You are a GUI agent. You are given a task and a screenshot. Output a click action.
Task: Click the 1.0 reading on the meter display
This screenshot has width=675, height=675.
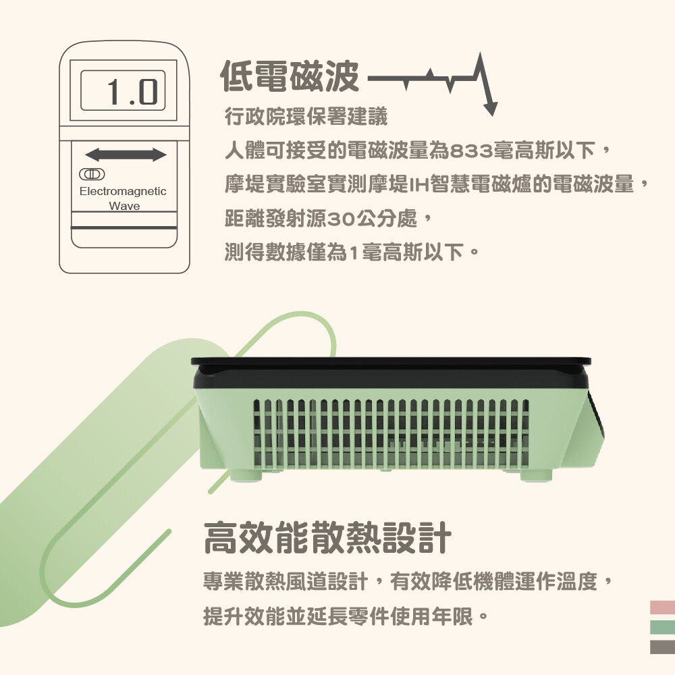click(132, 91)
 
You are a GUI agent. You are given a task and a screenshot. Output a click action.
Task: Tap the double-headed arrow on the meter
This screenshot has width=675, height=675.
click(126, 155)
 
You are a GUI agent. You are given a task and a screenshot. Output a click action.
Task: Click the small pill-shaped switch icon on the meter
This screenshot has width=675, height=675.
click(92, 174)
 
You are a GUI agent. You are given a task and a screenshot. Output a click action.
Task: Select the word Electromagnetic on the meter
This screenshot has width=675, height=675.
click(123, 191)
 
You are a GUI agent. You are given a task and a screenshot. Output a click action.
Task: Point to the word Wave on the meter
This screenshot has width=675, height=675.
click(124, 206)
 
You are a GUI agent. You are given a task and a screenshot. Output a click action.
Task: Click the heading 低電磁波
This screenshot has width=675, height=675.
click(290, 77)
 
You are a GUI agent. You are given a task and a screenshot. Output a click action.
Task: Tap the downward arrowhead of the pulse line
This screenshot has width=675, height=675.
click(490, 109)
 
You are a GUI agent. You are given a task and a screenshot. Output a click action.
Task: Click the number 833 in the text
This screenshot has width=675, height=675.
click(471, 151)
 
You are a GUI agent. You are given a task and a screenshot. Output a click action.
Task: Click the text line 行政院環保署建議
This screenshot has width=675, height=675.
click(306, 116)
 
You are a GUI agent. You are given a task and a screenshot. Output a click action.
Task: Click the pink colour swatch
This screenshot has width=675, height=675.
click(663, 607)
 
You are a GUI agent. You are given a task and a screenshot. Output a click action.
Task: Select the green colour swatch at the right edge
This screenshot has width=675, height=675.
click(663, 627)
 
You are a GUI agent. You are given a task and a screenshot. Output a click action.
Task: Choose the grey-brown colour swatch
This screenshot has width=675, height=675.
click(663, 647)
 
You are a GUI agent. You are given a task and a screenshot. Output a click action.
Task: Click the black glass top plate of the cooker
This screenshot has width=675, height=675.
click(391, 362)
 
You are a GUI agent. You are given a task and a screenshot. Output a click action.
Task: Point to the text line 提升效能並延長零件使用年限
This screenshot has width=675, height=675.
click(338, 616)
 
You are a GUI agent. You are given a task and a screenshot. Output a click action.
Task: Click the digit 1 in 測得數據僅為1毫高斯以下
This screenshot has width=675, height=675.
click(354, 253)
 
